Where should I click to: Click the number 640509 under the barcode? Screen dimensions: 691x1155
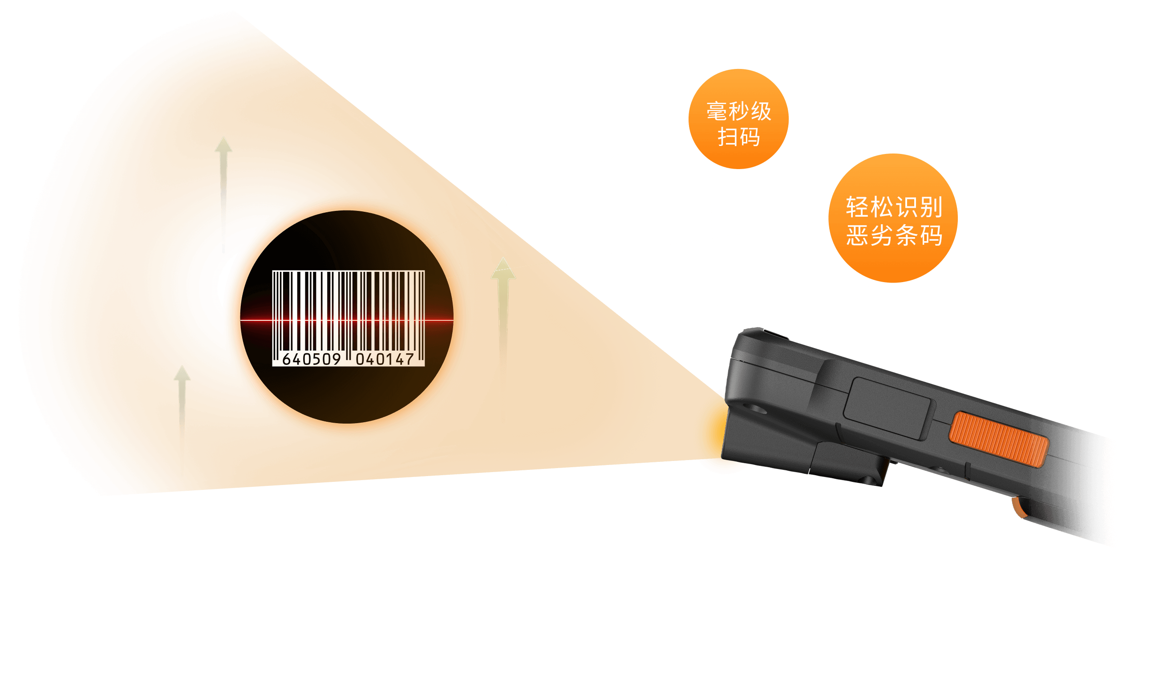pyautogui.click(x=312, y=359)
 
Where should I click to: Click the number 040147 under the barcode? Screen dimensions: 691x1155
pyautogui.click(x=385, y=359)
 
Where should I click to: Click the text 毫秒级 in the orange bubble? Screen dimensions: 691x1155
pyautogui.click(x=739, y=112)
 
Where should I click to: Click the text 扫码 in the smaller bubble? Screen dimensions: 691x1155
pyautogui.click(x=739, y=137)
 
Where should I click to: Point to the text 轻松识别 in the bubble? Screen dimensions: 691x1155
pyautogui.click(x=894, y=207)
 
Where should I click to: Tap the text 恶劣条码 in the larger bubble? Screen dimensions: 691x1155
pyautogui.click(x=894, y=235)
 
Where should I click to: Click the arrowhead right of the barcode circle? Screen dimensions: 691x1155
pyautogui.click(x=503, y=270)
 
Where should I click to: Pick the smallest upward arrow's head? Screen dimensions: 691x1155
pyautogui.click(x=182, y=374)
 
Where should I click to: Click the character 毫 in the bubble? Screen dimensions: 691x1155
pyautogui.click(x=717, y=112)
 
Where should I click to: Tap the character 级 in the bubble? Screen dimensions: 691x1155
pyautogui.click(x=761, y=112)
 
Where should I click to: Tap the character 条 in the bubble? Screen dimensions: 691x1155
pyautogui.click(x=907, y=235)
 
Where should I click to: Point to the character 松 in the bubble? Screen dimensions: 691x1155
pyautogui.click(x=882, y=207)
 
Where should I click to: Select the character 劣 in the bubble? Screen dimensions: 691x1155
pyautogui.click(x=882, y=235)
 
